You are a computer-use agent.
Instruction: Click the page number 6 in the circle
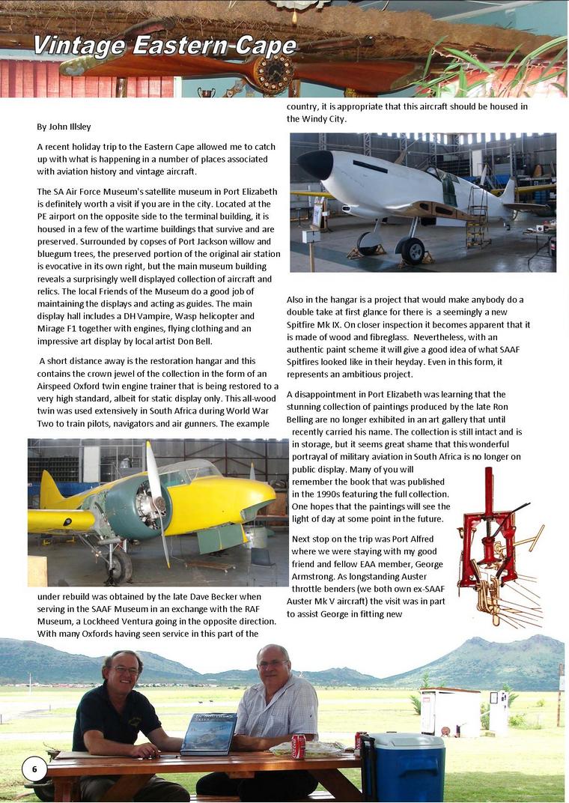pos(34,769)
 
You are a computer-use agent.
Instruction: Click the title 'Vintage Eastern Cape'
pos(164,46)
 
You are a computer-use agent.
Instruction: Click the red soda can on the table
pos(299,746)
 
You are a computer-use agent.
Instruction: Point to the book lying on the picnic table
pos(208,733)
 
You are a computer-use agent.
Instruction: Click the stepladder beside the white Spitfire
pos(477,217)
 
